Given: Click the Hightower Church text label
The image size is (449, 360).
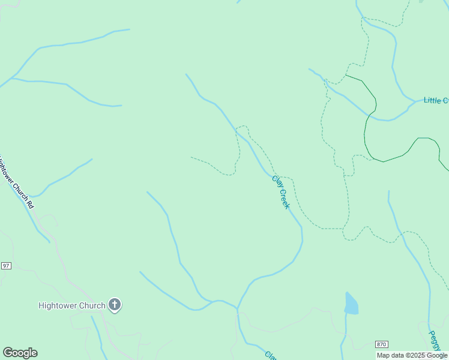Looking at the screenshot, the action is pyautogui.click(x=71, y=305).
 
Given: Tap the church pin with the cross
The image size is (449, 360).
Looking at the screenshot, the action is pyautogui.click(x=115, y=305).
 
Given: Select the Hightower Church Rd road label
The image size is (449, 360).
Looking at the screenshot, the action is pyautogui.click(x=16, y=183).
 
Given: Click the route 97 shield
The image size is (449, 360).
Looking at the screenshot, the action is pyautogui.click(x=6, y=266).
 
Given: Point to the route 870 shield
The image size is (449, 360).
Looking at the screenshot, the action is pyautogui.click(x=381, y=344).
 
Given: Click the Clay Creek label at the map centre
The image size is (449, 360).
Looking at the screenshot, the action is pyautogui.click(x=281, y=192).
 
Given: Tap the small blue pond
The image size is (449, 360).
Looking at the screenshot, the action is pyautogui.click(x=351, y=304).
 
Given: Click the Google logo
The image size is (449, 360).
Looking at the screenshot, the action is pyautogui.click(x=20, y=353).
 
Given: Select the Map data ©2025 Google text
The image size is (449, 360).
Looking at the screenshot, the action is pyautogui.click(x=412, y=355).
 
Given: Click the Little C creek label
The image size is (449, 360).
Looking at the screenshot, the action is pyautogui.click(x=436, y=100).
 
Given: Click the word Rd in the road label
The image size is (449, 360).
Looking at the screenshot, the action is pyautogui.click(x=30, y=204).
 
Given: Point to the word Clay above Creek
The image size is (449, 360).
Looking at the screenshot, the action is pyautogui.click(x=276, y=181).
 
